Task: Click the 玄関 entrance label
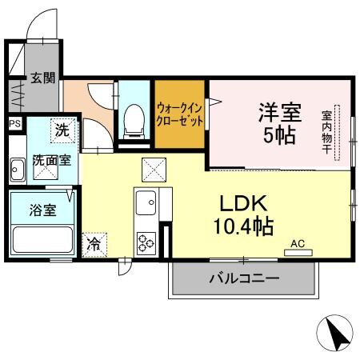click(43, 78)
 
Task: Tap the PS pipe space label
click(14, 124)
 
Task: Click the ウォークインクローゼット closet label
click(180, 114)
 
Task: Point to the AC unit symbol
click(298, 250)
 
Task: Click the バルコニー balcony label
click(244, 279)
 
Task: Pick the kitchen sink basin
click(146, 206)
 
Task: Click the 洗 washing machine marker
click(61, 128)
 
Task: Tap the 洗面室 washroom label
click(51, 159)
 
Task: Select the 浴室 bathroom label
click(43, 210)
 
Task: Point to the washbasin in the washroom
click(17, 170)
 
